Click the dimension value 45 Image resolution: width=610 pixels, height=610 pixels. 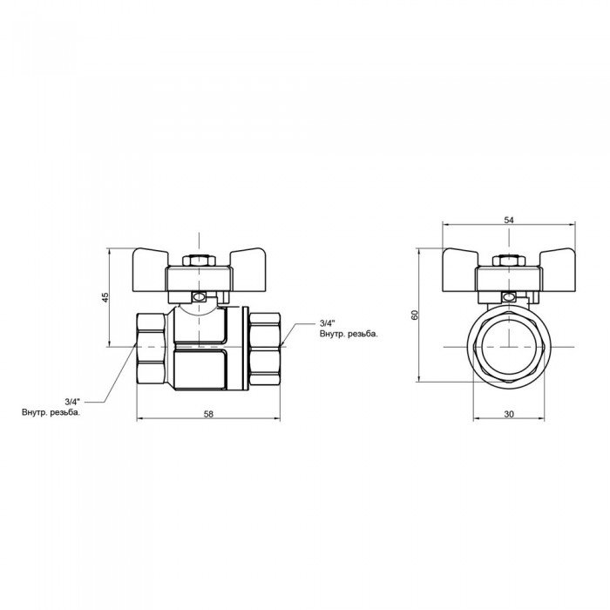105,297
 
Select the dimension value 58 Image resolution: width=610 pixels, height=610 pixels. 207,413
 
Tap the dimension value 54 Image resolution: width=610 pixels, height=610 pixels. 509,221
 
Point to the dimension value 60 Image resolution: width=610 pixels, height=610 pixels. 416,315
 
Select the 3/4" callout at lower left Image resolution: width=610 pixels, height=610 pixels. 72,402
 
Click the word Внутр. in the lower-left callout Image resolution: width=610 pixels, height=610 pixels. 38,412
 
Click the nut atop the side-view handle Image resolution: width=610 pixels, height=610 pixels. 200,261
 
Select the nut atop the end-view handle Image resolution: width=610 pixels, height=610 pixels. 509,261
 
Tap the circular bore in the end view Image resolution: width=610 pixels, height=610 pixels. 509,345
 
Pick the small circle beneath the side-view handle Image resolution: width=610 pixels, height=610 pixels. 200,298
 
